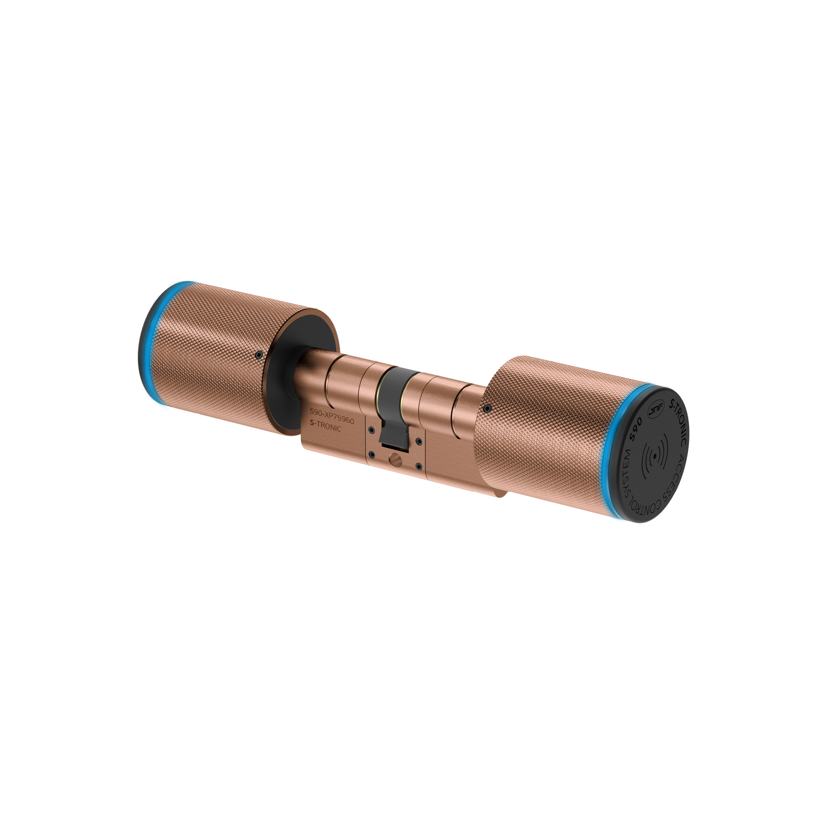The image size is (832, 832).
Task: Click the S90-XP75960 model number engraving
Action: click(331, 416)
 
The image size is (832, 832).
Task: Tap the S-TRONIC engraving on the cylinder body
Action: click(325, 426)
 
